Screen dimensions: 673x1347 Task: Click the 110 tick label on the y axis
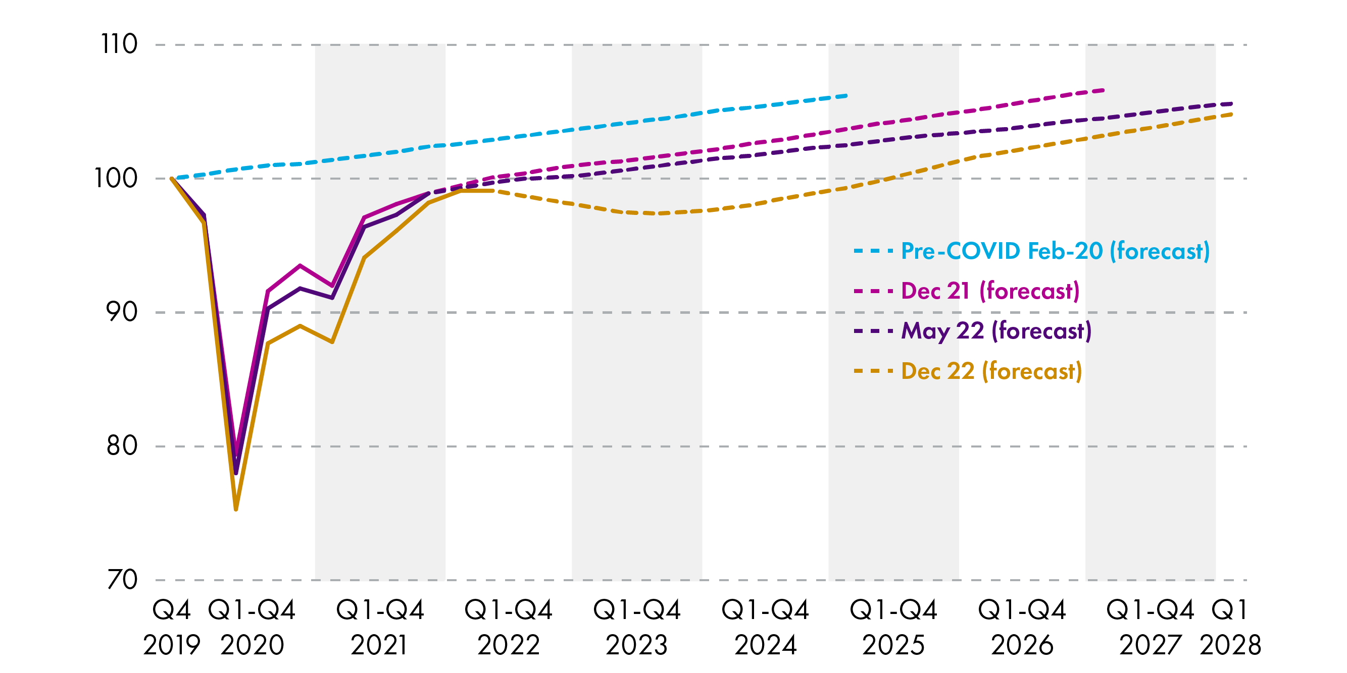click(x=119, y=44)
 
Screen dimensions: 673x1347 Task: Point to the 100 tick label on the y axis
click(x=116, y=178)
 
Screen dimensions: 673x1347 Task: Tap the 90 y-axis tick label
click(x=121, y=312)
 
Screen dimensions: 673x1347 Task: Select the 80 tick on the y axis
click(x=121, y=445)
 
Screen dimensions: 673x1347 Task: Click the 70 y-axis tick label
click(x=121, y=580)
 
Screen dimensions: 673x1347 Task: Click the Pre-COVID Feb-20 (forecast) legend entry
click(x=1055, y=251)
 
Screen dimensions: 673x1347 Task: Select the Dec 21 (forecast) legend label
click(x=990, y=291)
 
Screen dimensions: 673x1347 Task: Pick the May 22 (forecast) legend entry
click(x=996, y=331)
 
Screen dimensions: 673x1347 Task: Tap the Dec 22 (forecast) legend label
click(x=991, y=371)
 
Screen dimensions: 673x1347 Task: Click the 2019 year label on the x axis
click(x=172, y=645)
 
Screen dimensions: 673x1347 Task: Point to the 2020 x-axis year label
click(x=252, y=645)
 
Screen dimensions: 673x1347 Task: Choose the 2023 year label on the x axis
click(x=637, y=645)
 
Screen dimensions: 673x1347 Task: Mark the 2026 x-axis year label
click(x=1022, y=645)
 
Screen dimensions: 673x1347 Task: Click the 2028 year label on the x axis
click(x=1230, y=645)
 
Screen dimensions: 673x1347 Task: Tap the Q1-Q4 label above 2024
click(x=765, y=610)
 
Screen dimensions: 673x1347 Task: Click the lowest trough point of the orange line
click(x=236, y=509)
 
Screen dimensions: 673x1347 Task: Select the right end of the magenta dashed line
click(x=1103, y=90)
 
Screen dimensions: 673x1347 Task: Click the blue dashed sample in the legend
click(x=873, y=251)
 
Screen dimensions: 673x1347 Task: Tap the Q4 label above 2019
click(x=172, y=610)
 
